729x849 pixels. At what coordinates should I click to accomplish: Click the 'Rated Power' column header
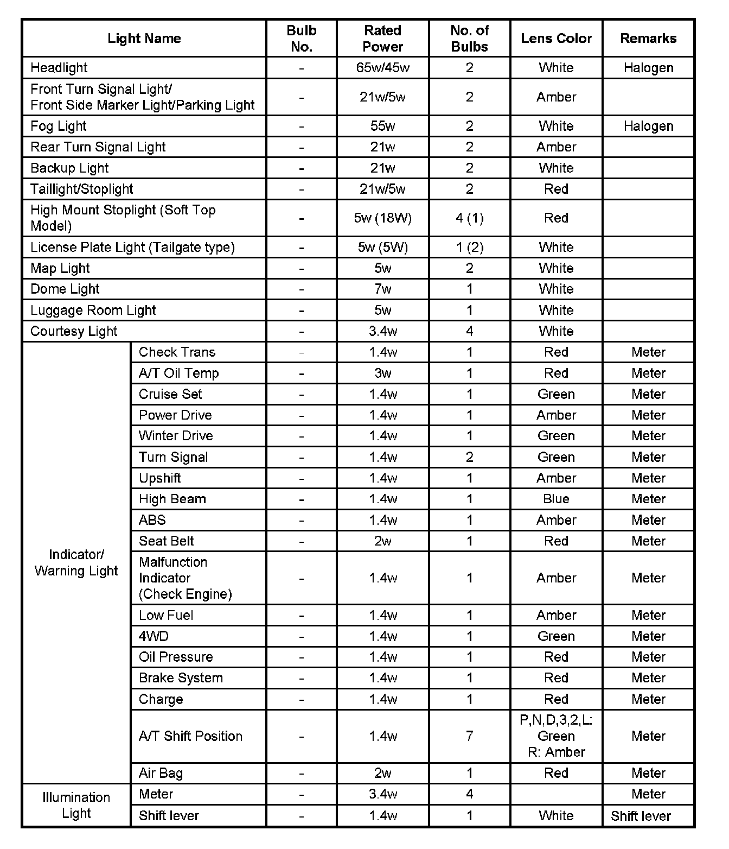[382, 39]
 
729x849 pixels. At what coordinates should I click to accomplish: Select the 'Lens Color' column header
[556, 39]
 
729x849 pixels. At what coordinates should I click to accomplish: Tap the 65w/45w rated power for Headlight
[382, 68]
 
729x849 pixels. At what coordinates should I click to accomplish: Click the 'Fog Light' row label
[59, 126]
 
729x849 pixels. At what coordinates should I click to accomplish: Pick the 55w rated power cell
[382, 126]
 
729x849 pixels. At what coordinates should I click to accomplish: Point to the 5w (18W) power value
[382, 218]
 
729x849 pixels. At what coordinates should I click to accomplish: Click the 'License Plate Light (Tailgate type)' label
[132, 248]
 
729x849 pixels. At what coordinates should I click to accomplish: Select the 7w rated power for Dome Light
[382, 289]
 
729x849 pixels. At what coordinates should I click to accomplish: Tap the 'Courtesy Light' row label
[74, 331]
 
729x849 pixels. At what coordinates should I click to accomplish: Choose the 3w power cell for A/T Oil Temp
[382, 373]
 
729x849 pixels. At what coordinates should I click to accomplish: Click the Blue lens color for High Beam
[556, 499]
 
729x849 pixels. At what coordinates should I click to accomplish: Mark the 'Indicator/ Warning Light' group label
[76, 562]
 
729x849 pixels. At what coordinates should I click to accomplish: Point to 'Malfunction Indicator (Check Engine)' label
[185, 578]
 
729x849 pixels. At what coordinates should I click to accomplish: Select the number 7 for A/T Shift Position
[469, 736]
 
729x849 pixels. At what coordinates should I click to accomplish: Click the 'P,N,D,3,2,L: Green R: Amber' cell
[556, 736]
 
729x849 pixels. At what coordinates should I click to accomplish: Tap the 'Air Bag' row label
[161, 773]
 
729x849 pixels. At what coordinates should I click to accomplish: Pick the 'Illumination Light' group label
[76, 805]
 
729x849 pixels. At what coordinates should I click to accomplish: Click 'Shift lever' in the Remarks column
[641, 816]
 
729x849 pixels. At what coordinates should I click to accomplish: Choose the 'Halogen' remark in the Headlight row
[648, 68]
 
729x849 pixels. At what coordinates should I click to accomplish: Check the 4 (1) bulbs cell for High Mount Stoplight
[469, 218]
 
